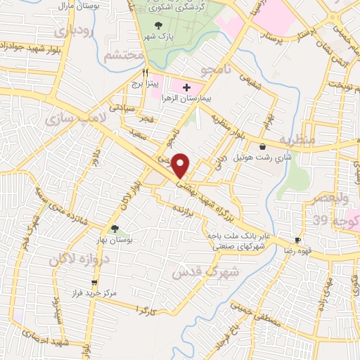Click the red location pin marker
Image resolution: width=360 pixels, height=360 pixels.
point(181,165)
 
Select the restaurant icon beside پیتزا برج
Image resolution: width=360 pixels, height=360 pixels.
point(146,72)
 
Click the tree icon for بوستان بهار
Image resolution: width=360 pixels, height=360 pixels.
point(115,228)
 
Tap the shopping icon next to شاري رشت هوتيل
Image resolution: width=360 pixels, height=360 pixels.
point(263,147)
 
